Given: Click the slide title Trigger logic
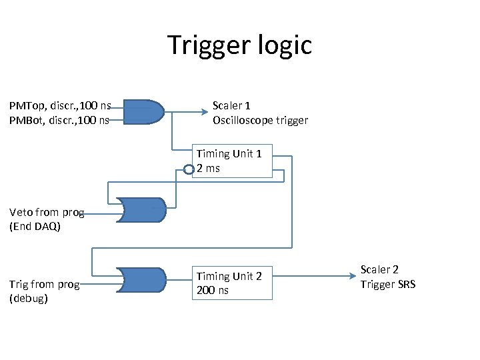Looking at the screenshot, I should [x=239, y=45].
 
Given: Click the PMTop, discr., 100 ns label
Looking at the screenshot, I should [x=59, y=105].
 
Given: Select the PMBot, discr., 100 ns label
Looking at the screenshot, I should [x=59, y=120].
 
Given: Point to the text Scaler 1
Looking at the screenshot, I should [x=231, y=105].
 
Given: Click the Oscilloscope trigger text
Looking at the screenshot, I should [x=260, y=121].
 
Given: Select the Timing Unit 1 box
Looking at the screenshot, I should [x=233, y=162].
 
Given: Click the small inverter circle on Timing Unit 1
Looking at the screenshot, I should [x=189, y=169].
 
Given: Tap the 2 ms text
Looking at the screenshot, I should [x=208, y=169].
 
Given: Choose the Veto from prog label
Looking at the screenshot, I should [x=47, y=213].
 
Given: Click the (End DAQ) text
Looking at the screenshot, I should [x=35, y=227].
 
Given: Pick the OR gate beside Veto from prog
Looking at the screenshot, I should [x=141, y=209].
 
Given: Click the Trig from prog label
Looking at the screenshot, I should [x=45, y=285].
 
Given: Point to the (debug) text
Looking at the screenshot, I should [x=29, y=299].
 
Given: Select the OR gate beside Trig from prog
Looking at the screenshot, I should [x=141, y=280].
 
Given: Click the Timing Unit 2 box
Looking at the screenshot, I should [x=233, y=283].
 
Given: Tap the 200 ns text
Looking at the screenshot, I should [x=213, y=291].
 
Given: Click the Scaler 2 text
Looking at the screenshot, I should [x=379, y=270].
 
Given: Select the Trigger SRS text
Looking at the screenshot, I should [x=388, y=285].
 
